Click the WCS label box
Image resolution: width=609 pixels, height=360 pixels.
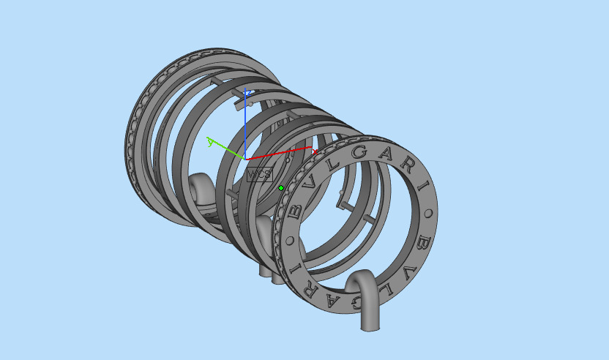click(x=259, y=175)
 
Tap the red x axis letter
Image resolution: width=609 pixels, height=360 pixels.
click(x=315, y=151)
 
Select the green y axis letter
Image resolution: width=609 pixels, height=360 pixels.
click(x=210, y=142)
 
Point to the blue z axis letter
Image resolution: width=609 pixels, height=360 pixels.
click(x=249, y=93)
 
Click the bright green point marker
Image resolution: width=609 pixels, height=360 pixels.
click(x=281, y=188)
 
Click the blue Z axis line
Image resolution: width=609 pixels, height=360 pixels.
click(x=244, y=124)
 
